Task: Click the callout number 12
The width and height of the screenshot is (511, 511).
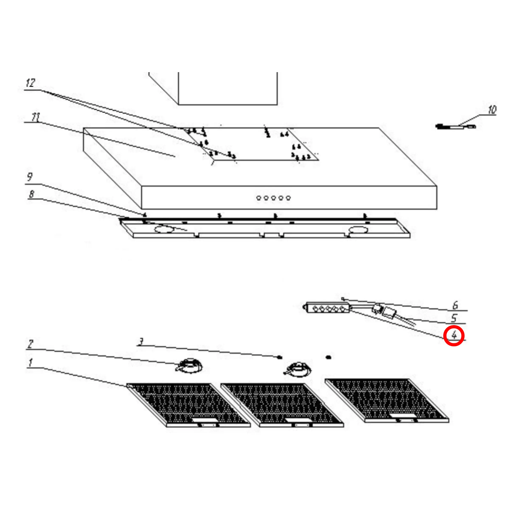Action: tap(30, 83)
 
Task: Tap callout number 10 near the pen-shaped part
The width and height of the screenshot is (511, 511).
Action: tap(492, 109)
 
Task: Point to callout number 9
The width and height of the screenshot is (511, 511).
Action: tap(30, 177)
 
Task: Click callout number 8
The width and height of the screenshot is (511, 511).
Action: tap(31, 194)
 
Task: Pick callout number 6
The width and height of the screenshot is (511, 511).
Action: tap(455, 305)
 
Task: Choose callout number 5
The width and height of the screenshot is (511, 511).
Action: tap(454, 318)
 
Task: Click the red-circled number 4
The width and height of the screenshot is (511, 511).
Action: tap(454, 335)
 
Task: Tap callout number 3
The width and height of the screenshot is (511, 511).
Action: tap(141, 341)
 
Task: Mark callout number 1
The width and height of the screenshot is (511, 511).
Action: tap(31, 362)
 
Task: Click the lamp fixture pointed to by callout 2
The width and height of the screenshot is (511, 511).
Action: tap(189, 366)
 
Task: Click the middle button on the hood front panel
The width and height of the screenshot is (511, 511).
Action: tap(274, 198)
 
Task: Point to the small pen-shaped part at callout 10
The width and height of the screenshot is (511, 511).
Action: tap(455, 127)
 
